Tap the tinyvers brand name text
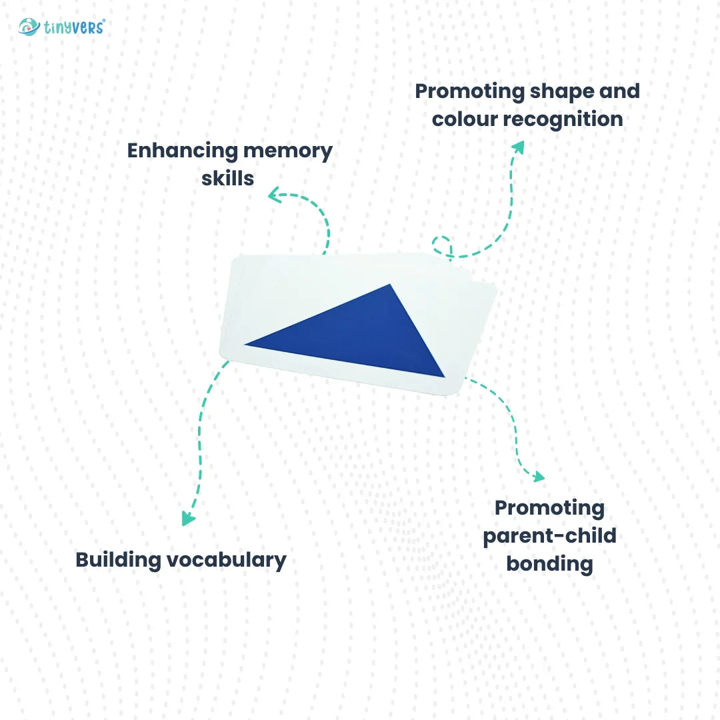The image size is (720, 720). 75,28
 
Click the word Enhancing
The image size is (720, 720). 182,151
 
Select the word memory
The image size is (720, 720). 288,151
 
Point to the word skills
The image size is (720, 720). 228,179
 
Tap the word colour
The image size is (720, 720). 464,119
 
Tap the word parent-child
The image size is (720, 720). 549,536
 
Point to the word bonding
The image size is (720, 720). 549,564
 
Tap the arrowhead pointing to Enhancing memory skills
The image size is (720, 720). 274,195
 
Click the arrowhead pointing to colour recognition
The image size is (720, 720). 517,147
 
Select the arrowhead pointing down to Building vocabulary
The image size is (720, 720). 189,519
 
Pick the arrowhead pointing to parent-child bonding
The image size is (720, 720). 538,476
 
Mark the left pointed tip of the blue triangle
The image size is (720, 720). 247,344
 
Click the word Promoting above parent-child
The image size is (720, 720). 549,508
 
